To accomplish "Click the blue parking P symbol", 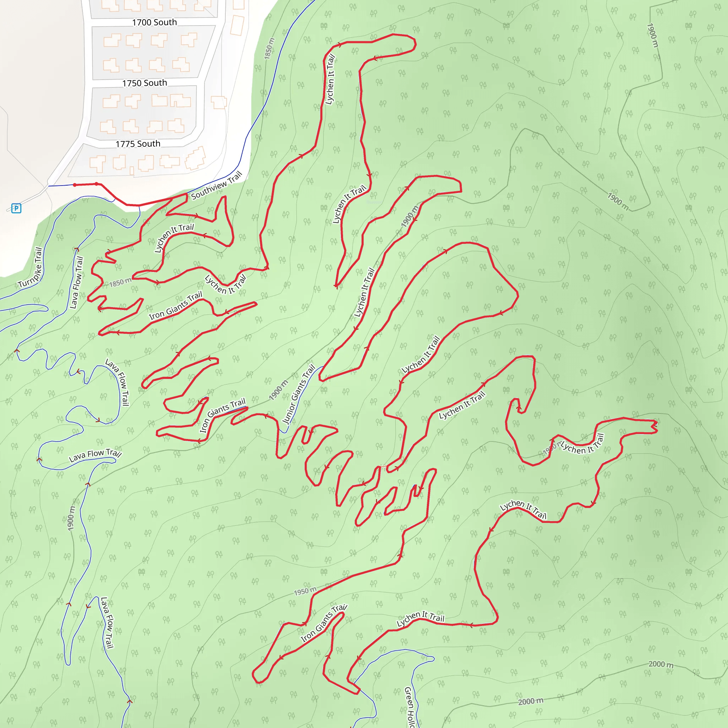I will tap(16, 208).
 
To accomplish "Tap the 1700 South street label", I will tap(154, 23).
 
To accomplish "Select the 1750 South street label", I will tap(144, 83).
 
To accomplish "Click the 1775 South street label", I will tap(138, 144).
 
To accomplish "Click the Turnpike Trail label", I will tap(30, 268).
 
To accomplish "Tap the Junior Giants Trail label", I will tap(299, 394).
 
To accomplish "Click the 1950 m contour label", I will tap(305, 591).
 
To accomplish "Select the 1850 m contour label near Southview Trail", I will tap(269, 48).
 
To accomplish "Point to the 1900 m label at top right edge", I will tap(653, 36).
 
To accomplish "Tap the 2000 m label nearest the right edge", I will tap(661, 664).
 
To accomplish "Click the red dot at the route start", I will tap(75, 185).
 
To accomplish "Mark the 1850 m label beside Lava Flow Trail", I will tap(121, 282).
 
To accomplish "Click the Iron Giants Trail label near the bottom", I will tap(324, 623).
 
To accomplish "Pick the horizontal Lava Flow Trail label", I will tap(95, 455).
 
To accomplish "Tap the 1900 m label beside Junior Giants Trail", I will tap(278, 390).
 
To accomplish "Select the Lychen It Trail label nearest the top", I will tap(330, 79).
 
